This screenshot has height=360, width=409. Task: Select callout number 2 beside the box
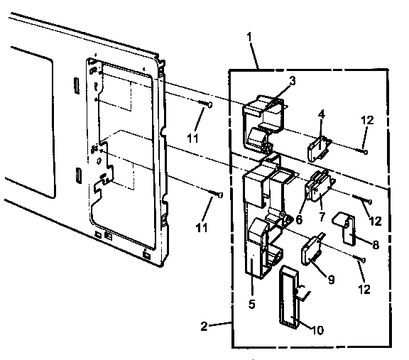pos(204,327)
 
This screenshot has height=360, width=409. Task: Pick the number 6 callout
pos(299,220)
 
